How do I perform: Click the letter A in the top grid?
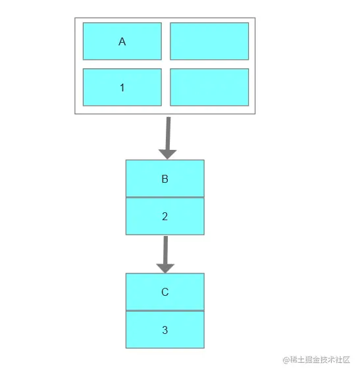[x=122, y=42]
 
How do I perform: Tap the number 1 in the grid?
[x=122, y=88]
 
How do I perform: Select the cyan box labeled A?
[x=122, y=41]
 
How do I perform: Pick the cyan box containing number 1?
[x=122, y=87]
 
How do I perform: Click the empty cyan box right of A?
[x=209, y=41]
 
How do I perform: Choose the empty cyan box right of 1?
[x=209, y=87]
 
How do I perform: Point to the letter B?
[x=165, y=179]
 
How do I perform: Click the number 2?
[x=165, y=216]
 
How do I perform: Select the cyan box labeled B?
[x=165, y=178]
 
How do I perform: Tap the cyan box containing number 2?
[x=165, y=216]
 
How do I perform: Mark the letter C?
[x=165, y=292]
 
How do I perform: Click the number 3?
[x=165, y=330]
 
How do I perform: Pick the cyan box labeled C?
[x=165, y=292]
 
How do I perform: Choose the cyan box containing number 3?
[x=165, y=329]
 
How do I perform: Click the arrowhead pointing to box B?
[x=167, y=154]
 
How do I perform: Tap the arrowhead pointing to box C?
[x=165, y=268]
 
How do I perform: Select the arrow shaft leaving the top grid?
[x=168, y=133]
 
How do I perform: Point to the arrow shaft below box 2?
[x=166, y=250]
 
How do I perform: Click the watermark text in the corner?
[x=317, y=360]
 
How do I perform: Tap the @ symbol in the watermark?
[x=286, y=360]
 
